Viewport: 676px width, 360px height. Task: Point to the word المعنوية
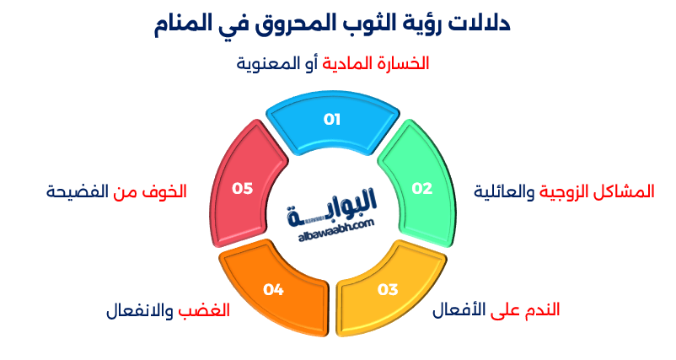[270, 64]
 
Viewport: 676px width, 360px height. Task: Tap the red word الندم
[540, 309]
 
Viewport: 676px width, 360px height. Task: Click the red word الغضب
[204, 309]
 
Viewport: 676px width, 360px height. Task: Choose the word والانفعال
[141, 309]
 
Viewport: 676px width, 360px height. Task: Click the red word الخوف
[163, 191]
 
